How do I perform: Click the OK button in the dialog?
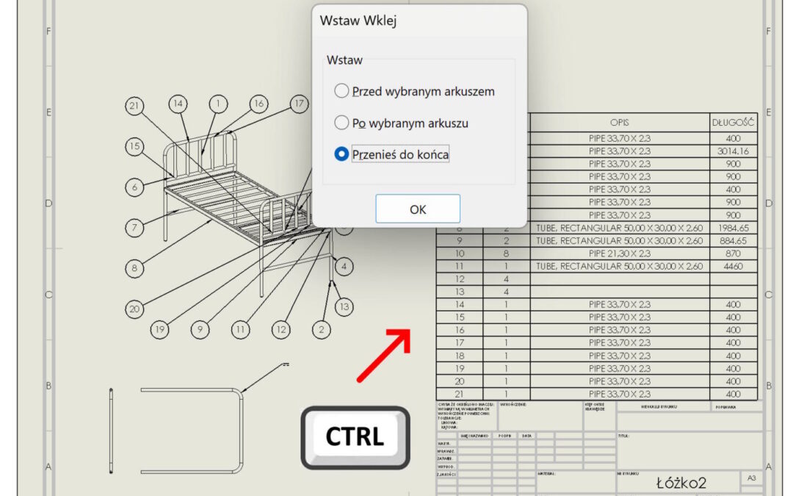[x=418, y=209]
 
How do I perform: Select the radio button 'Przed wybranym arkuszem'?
[x=341, y=91]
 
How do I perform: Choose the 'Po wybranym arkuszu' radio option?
[x=341, y=123]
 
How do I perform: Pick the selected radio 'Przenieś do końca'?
[x=341, y=154]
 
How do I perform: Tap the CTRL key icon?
[x=355, y=437]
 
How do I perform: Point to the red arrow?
[x=383, y=356]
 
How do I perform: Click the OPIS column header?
[x=619, y=122]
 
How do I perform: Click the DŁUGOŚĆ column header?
[x=733, y=122]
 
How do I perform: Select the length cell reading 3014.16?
[x=733, y=151]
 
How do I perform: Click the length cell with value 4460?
[x=733, y=266]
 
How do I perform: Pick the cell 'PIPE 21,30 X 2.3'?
[x=619, y=254]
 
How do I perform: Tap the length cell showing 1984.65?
[x=733, y=228]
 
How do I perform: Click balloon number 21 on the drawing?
[x=134, y=106]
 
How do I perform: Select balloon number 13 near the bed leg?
[x=344, y=306]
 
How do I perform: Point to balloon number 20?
[x=134, y=309]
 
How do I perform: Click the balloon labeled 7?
[x=134, y=228]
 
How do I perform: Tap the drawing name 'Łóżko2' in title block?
[x=681, y=483]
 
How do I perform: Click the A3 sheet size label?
[x=751, y=478]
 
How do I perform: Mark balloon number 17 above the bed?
[x=297, y=104]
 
